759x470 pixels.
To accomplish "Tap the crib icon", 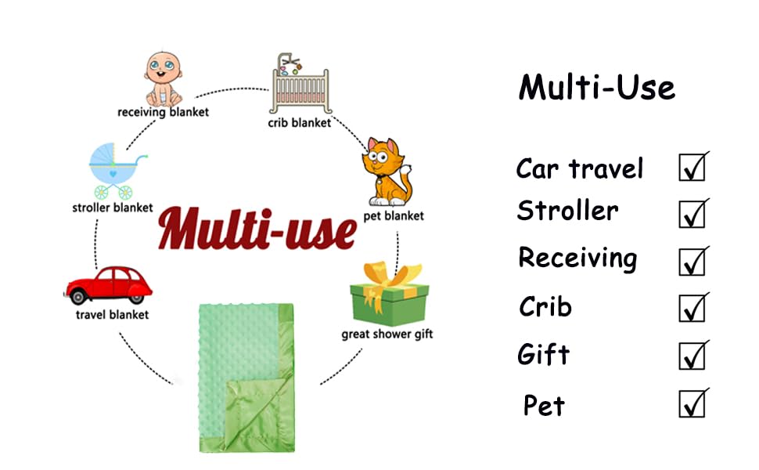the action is [x=300, y=86].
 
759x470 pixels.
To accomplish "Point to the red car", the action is [x=109, y=285].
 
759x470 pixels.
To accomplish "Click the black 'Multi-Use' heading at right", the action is [x=596, y=86].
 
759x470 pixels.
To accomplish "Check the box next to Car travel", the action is [x=692, y=168].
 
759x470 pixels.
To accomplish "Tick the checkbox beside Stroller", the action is [x=692, y=214].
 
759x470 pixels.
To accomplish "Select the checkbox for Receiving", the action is [x=692, y=261].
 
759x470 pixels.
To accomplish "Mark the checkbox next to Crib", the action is [x=692, y=308].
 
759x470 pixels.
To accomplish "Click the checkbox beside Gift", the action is [x=692, y=356].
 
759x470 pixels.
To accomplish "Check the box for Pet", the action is [x=692, y=404].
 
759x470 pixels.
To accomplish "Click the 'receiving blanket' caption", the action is [x=163, y=112].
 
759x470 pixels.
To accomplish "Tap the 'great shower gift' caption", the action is [x=387, y=334].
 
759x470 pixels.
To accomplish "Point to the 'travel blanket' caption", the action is [x=112, y=315].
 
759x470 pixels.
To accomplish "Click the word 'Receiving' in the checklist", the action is [x=577, y=258].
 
